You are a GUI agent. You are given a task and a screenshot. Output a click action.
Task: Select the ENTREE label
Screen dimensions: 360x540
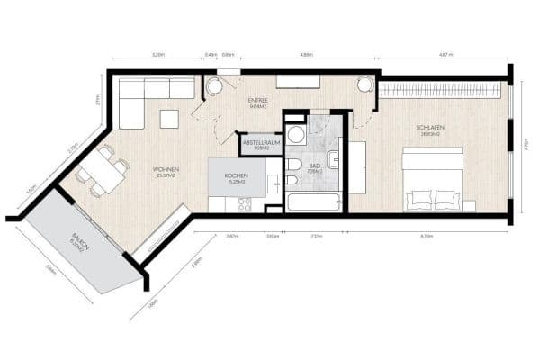coord(257,101)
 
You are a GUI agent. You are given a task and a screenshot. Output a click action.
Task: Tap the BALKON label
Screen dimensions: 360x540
coord(78,243)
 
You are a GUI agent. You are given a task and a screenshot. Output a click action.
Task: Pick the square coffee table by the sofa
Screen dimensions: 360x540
coord(169,118)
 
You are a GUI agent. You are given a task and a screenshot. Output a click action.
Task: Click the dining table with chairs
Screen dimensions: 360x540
coord(102,171)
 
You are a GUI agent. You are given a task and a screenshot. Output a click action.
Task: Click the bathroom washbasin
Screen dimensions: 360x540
coord(333,160)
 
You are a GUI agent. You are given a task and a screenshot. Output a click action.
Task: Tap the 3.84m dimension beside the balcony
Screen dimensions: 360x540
coord(55,268)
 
